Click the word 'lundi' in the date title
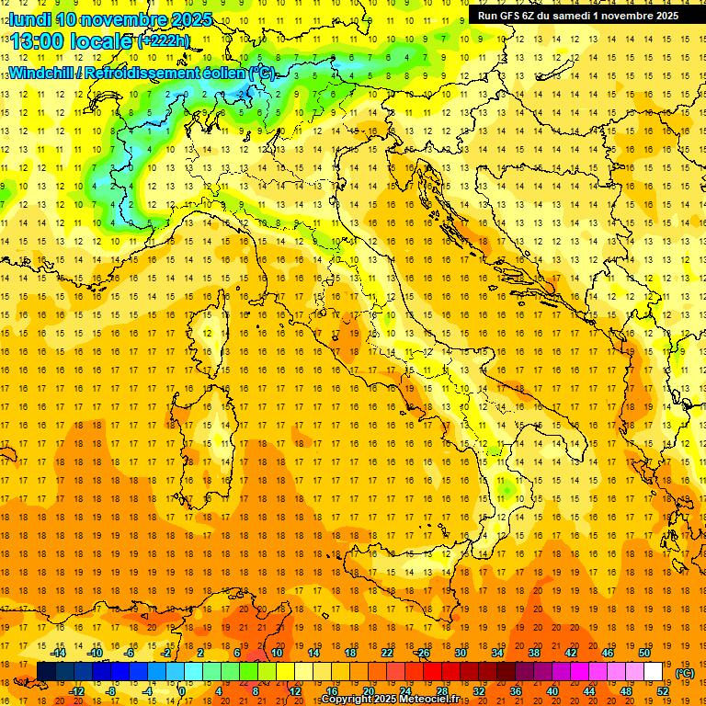pos(29,19)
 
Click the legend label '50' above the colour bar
pos(644,653)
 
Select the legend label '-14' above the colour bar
pos(58,653)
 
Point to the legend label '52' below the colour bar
pos(663,691)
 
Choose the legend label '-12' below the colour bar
pos(76,691)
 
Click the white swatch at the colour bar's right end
pos(653,671)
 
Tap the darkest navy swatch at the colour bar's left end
pos(46,671)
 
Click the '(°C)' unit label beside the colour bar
pos(685,673)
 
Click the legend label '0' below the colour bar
pos(181,691)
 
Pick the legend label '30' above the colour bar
pos(461,653)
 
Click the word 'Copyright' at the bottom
pos(346,700)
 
